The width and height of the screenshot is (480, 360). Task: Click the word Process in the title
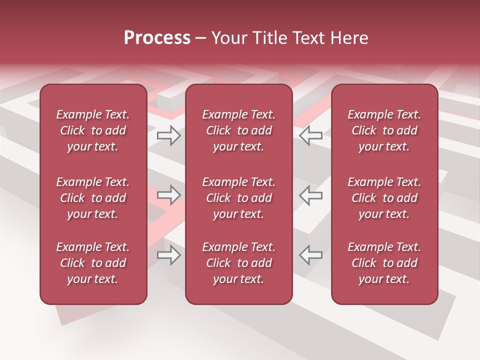pos(157,37)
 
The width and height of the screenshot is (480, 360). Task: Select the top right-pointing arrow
pos(169,135)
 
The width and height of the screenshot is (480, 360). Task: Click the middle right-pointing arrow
pos(169,195)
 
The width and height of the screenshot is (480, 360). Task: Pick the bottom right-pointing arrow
pos(169,255)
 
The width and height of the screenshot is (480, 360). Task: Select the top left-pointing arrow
pos(310,135)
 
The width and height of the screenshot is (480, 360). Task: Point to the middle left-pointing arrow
pos(310,195)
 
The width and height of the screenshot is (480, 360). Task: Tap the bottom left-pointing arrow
pos(310,255)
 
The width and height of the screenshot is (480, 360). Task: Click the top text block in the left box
pos(93,130)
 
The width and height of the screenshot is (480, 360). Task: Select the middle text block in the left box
pos(93,198)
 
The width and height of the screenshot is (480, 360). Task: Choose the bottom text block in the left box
pos(93,263)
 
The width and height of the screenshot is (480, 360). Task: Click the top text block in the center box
pos(238,130)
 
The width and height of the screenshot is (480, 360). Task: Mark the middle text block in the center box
pos(238,198)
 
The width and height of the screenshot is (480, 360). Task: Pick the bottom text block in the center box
pos(238,263)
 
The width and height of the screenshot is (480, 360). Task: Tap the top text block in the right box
pos(384,130)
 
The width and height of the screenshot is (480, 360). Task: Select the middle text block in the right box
pos(384,198)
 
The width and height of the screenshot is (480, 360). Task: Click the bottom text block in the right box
pos(384,263)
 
